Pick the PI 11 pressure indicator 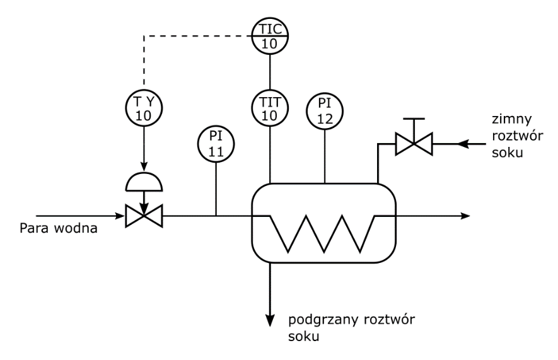pos(216,143)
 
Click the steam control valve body pos(144,216)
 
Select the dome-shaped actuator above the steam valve pos(144,182)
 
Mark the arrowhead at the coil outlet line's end pos(465,216)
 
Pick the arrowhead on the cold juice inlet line pos(463,144)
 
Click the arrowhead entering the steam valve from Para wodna pos(120,216)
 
